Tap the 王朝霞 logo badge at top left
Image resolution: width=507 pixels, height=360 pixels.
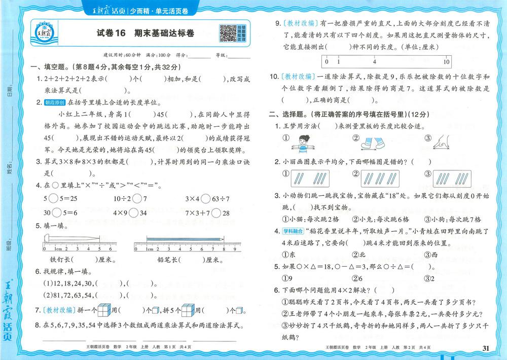click(x=45, y=33)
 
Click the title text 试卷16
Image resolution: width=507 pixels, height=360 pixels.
click(x=111, y=34)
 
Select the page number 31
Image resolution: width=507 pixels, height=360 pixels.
click(x=486, y=348)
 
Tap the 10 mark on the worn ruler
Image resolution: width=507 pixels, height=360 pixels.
click(x=446, y=62)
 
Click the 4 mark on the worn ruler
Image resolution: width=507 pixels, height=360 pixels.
click(x=374, y=62)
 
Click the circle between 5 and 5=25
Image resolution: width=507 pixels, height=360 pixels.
click(x=53, y=198)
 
